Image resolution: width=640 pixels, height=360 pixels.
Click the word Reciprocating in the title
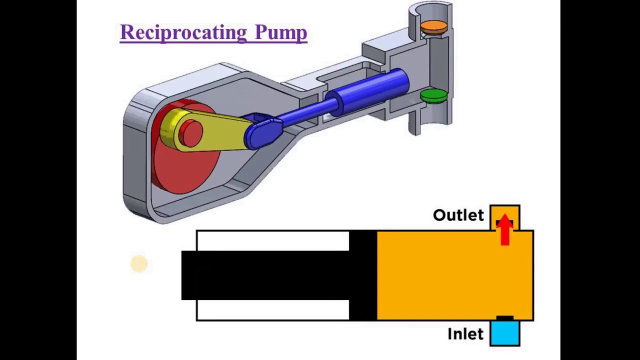pos(182,32)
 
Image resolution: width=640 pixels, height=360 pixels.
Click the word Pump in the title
pos(280,32)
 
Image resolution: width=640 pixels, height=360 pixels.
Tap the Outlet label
pos(458,215)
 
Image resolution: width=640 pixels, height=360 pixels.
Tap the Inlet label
pos(465,334)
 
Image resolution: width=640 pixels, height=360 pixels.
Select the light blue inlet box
pos(505,334)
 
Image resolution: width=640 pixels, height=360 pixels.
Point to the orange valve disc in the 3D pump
pos(433,26)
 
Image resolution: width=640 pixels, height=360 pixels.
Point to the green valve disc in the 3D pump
pos(433,95)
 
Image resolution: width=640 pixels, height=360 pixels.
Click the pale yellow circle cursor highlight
pos(139,264)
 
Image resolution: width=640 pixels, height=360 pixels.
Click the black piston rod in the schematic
pos(265,275)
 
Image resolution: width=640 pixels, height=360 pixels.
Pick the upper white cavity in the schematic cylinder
pos(272,240)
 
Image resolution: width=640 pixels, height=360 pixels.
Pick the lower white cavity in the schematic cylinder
pos(272,310)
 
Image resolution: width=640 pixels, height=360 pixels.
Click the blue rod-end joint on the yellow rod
pos(262,131)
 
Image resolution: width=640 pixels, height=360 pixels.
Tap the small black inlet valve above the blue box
pos(504,318)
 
